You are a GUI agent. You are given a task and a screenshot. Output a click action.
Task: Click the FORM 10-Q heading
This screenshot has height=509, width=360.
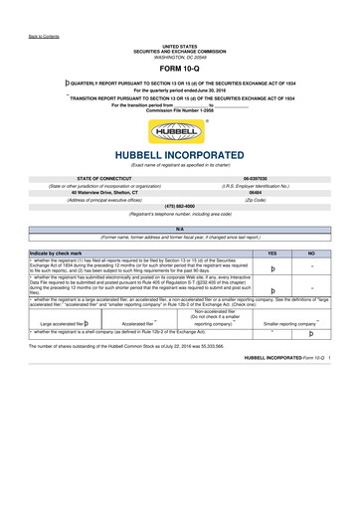click(x=179, y=69)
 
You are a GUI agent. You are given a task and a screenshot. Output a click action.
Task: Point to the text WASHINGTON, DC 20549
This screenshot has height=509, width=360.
click(x=179, y=56)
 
